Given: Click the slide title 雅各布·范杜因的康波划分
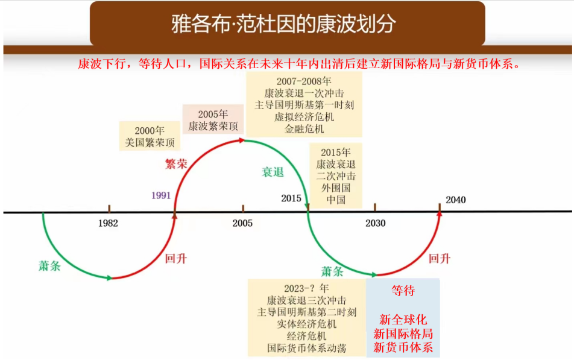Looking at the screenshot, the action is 284,24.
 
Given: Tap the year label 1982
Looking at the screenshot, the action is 108,223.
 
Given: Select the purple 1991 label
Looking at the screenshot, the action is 161,195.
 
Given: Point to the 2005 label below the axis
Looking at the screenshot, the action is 242,223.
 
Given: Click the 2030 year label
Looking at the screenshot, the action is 375,223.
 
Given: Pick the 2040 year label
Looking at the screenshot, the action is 456,200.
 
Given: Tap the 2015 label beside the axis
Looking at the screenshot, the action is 291,198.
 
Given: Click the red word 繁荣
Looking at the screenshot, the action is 176,163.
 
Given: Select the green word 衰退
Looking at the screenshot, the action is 273,172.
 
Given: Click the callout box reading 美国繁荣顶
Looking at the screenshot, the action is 150,136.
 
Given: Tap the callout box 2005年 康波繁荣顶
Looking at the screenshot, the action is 213,120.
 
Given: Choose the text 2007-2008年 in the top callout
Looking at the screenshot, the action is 304,81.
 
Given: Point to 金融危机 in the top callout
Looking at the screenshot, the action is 304,129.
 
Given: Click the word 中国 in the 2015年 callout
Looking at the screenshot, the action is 336,200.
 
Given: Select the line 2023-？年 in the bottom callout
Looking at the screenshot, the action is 306,288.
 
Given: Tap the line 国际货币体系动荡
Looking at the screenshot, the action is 307,348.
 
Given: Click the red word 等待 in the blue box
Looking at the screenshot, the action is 403,291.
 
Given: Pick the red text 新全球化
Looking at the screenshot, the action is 403,320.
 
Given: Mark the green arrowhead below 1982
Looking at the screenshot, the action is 110,278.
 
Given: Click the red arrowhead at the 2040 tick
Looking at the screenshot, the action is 440,213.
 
